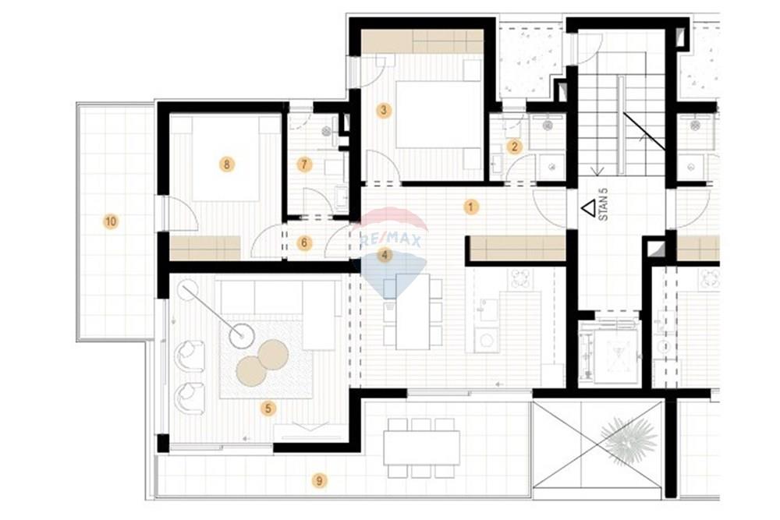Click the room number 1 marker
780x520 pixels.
[x=470, y=207]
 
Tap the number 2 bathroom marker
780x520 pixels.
[x=514, y=147]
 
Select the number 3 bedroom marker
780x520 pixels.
[x=383, y=110]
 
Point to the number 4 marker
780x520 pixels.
[x=384, y=256]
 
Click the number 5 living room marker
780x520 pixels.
[x=268, y=409]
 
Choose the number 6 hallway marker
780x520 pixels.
[x=304, y=243]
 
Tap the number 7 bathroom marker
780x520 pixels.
[x=304, y=164]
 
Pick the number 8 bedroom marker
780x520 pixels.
[x=227, y=164]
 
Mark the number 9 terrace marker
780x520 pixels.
[x=319, y=481]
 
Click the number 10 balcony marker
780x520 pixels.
[x=111, y=221]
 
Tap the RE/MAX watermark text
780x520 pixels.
[x=391, y=240]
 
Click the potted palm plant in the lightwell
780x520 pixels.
[x=627, y=439]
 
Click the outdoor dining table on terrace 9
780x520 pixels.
[x=421, y=447]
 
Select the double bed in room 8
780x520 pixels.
[x=226, y=158]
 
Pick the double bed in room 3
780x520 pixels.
[x=438, y=115]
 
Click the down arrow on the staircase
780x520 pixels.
[x=597, y=171]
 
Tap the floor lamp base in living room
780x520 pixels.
[x=242, y=335]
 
